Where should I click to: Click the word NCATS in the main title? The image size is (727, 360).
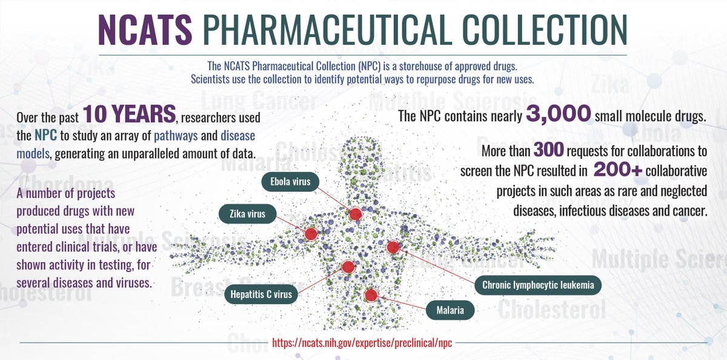[x=145, y=31]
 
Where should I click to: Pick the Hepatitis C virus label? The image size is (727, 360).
[x=262, y=295]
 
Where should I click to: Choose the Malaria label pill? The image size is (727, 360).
[x=450, y=311]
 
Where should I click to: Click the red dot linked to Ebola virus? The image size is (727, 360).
[x=355, y=213]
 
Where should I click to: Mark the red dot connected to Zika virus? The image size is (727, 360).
[x=311, y=234]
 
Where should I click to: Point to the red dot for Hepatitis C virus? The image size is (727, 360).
[x=348, y=267]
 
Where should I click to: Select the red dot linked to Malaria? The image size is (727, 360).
[x=371, y=295]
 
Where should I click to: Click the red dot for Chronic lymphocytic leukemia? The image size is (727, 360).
[x=393, y=247]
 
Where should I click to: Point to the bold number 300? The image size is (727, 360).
[x=546, y=149]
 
